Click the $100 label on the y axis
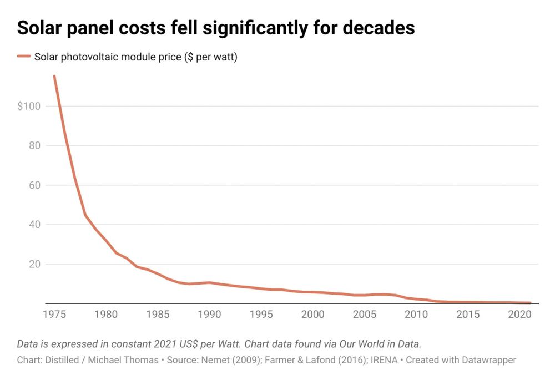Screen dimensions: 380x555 pyautogui.click(x=29, y=106)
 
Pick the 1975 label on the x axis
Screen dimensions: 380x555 pyautogui.click(x=54, y=315)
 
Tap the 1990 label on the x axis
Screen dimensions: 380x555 pyautogui.click(x=209, y=315)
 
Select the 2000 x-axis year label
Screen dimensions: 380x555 pyautogui.click(x=312, y=315)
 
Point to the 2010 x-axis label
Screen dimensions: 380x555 pyautogui.click(x=416, y=315)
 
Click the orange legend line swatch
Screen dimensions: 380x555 pyautogui.click(x=23, y=57)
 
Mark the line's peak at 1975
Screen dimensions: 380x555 pyautogui.click(x=54, y=77)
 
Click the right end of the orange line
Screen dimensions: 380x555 pyautogui.click(x=530, y=302)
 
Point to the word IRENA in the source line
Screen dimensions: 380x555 pyautogui.click(x=384, y=360)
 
